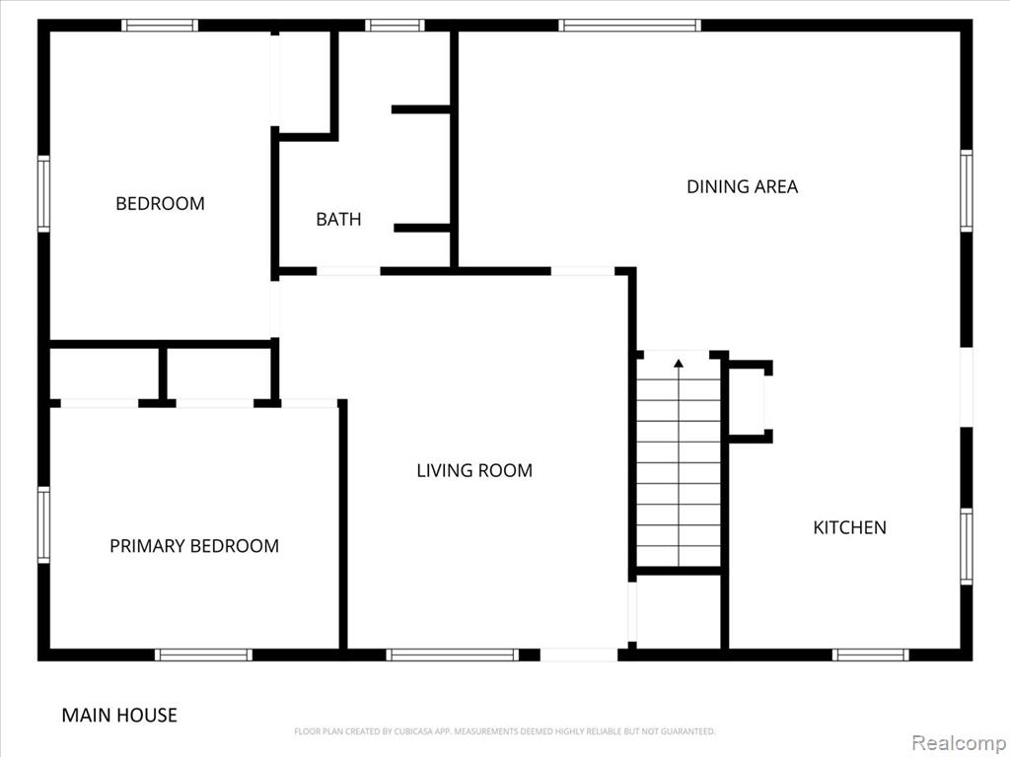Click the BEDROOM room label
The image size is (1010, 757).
160,203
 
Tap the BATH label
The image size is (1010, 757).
338,220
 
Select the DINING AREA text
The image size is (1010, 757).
742,186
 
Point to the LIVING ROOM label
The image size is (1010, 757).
474,470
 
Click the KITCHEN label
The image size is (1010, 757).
849,528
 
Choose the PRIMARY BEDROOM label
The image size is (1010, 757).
194,546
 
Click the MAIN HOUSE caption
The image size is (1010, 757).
119,716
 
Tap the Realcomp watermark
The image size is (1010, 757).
960,743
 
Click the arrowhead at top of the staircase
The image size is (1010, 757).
679,364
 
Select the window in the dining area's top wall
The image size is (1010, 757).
629,25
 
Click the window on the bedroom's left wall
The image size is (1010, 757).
43,194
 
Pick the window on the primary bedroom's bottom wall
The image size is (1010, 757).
203,654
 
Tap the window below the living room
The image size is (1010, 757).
453,654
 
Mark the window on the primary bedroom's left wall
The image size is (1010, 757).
43,524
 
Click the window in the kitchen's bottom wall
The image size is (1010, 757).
870,654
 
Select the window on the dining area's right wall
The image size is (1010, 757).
967,190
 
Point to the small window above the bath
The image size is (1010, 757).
395,25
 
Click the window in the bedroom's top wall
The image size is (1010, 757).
160,25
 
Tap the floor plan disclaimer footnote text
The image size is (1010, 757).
505,731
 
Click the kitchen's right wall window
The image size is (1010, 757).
967,546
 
